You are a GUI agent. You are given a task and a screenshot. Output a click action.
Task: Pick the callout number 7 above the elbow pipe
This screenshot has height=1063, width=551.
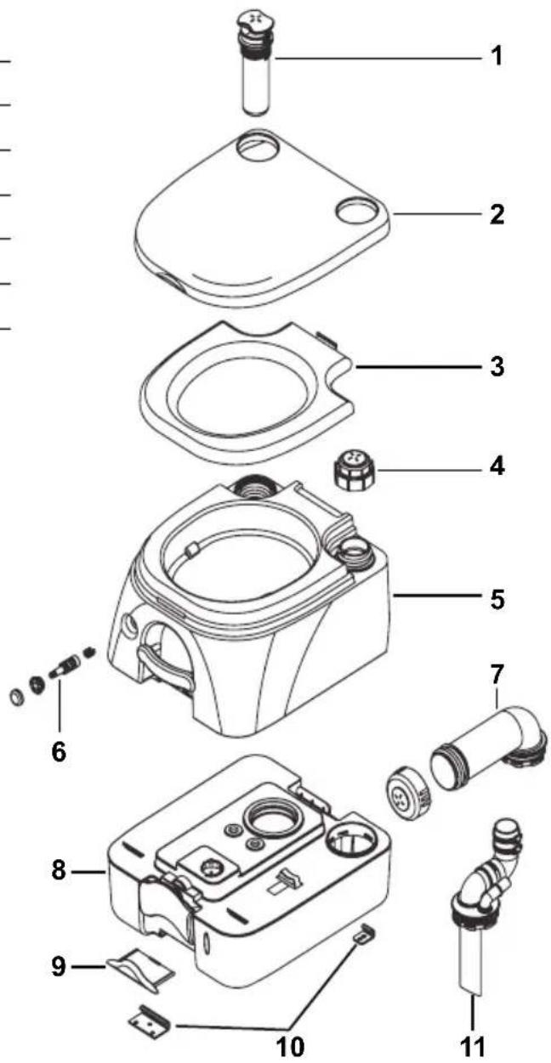pos(497,676)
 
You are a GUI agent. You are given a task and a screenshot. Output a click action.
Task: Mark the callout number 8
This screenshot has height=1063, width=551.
pos(57,871)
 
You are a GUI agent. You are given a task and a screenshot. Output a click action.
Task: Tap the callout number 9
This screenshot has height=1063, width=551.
pos(57,966)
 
